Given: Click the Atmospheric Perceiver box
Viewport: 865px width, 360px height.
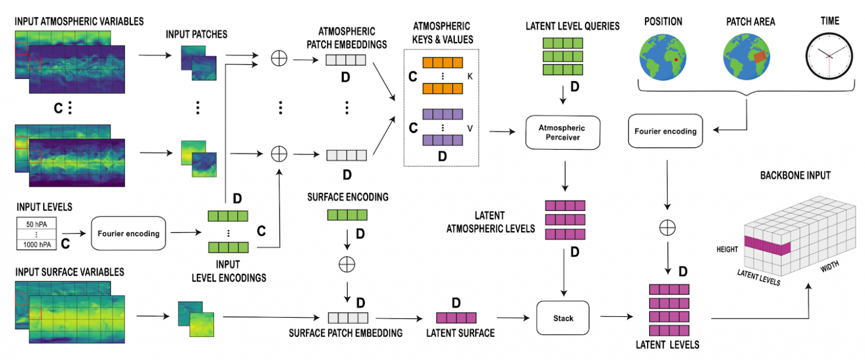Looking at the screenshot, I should (x=563, y=132).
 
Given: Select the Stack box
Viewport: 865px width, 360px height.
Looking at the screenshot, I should (x=563, y=318).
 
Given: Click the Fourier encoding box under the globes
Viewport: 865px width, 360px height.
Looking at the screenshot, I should (x=664, y=132).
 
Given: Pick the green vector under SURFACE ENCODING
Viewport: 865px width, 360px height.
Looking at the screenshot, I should (x=347, y=215).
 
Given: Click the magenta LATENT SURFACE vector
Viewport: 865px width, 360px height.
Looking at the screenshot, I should (x=456, y=318).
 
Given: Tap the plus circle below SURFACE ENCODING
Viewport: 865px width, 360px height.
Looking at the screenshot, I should (x=347, y=265).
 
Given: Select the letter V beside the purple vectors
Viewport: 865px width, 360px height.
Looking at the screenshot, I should (x=470, y=128).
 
